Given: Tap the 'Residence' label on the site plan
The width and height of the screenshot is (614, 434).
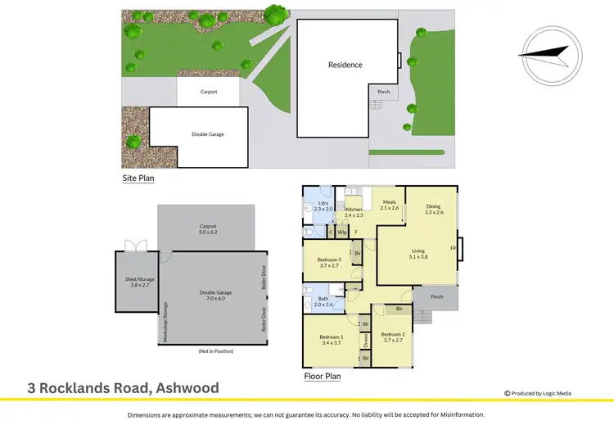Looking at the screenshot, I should pyautogui.click(x=345, y=65).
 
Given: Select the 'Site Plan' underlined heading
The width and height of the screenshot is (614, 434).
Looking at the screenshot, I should pyautogui.click(x=138, y=177).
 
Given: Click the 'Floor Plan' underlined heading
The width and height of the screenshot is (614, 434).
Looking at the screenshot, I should pyautogui.click(x=323, y=377).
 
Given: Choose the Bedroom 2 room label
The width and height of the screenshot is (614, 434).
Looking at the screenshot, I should pyautogui.click(x=394, y=337).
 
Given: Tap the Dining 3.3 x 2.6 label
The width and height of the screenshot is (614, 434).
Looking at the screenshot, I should pyautogui.click(x=433, y=209).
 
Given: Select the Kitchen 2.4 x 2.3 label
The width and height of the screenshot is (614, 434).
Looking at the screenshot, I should pyautogui.click(x=354, y=212).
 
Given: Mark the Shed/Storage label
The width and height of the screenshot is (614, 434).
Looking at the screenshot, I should pyautogui.click(x=133, y=283).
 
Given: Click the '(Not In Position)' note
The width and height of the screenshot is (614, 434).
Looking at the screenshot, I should pyautogui.click(x=216, y=351).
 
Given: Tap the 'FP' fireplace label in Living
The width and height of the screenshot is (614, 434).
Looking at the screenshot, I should pyautogui.click(x=453, y=248).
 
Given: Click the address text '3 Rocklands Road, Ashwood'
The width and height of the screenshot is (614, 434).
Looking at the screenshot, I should pyautogui.click(x=123, y=388).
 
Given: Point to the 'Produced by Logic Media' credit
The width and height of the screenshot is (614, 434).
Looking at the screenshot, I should pyautogui.click(x=541, y=393).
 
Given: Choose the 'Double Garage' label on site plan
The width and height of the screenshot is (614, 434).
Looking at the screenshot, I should pyautogui.click(x=208, y=134).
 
